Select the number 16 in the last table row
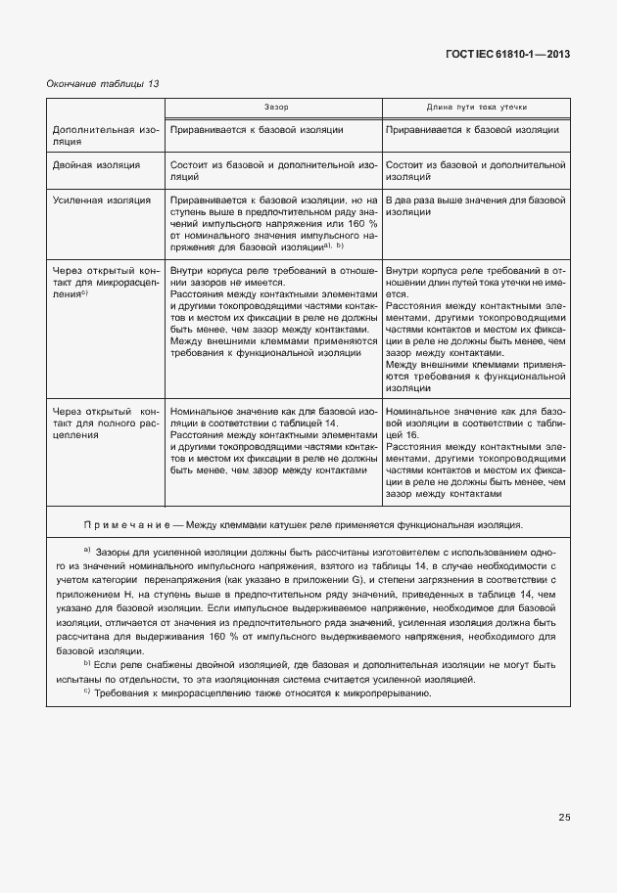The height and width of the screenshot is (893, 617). point(413,433)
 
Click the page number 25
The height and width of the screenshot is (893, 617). point(564,817)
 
